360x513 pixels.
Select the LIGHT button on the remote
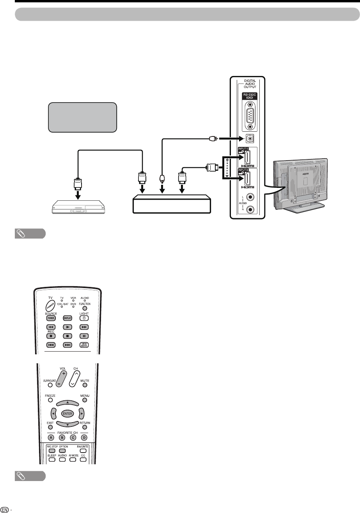[x=83, y=318]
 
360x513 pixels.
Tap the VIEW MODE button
[x=83, y=345]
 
